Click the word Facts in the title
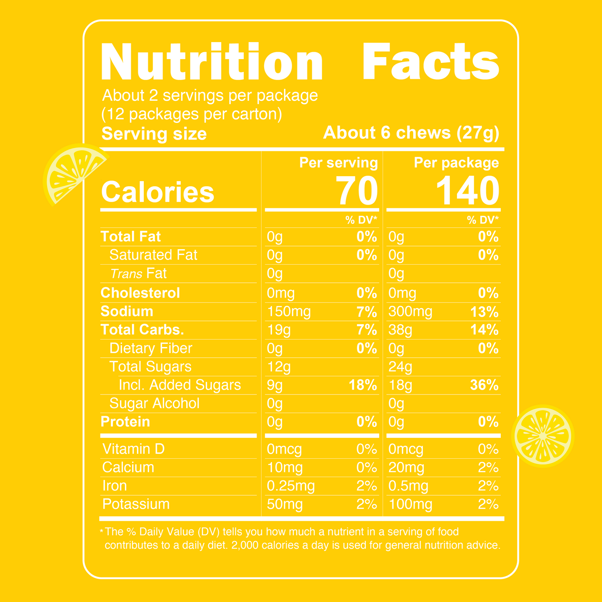pyautogui.click(x=431, y=62)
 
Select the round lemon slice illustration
pyautogui.click(x=542, y=436)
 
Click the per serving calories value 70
pyautogui.click(x=357, y=191)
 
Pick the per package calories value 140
pyautogui.click(x=467, y=191)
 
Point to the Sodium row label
pyautogui.click(x=127, y=312)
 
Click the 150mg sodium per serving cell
pyautogui.click(x=289, y=312)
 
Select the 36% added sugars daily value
pyautogui.click(x=484, y=385)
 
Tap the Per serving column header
pyautogui.click(x=338, y=162)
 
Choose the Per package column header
pyautogui.click(x=456, y=162)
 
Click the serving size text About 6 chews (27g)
pyautogui.click(x=411, y=133)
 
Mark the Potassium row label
pyautogui.click(x=136, y=504)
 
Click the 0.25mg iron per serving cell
pyautogui.click(x=291, y=486)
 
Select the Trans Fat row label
pyautogui.click(x=138, y=274)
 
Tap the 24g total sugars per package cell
pyautogui.click(x=400, y=367)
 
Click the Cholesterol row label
pyautogui.click(x=140, y=293)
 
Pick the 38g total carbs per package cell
pyautogui.click(x=400, y=330)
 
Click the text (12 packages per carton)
pyautogui.click(x=192, y=114)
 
